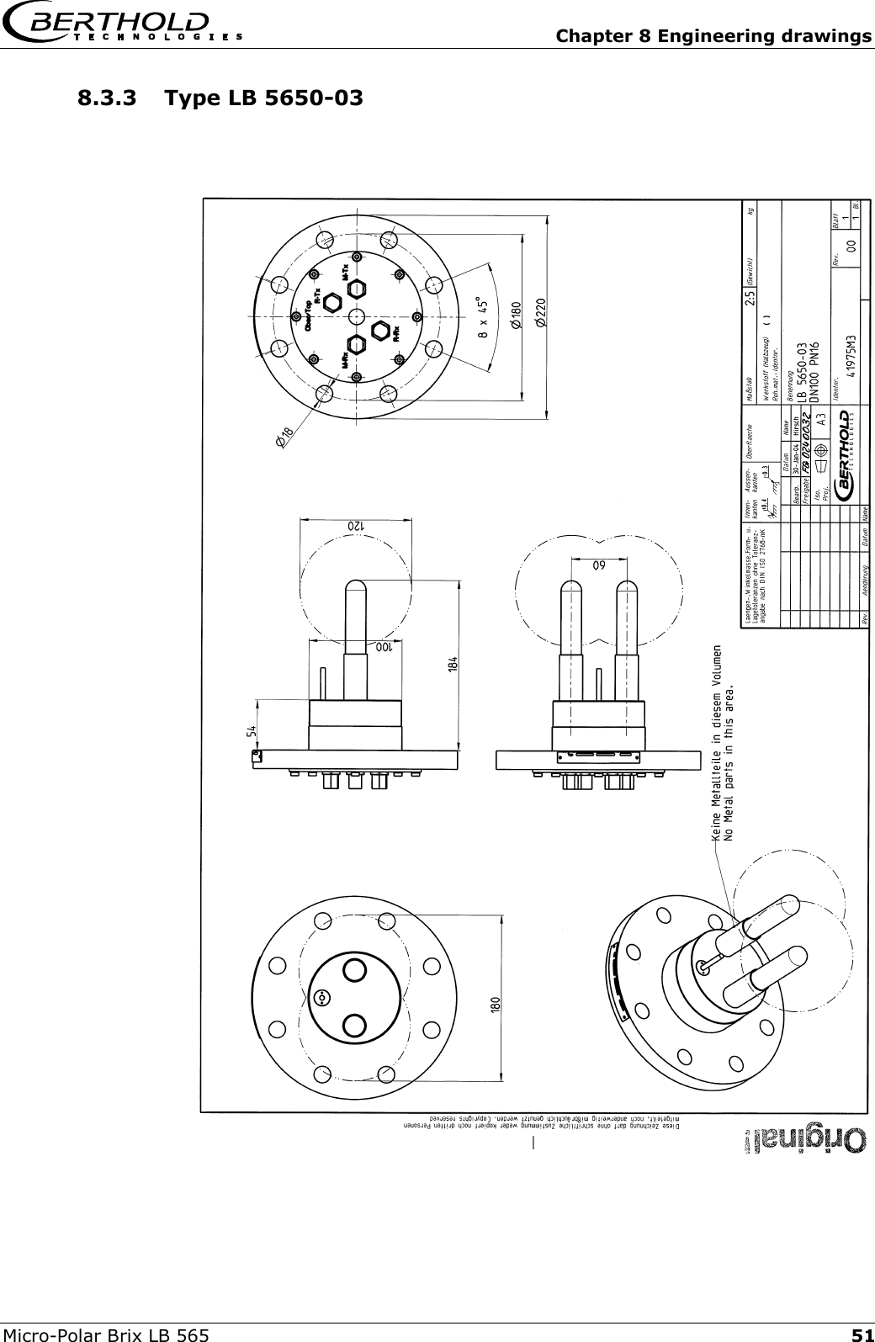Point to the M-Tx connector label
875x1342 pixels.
pos(345,273)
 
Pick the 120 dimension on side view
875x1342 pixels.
pos(356,524)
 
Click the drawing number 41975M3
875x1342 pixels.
pos(852,345)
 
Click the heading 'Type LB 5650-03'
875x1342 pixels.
pos(265,98)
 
